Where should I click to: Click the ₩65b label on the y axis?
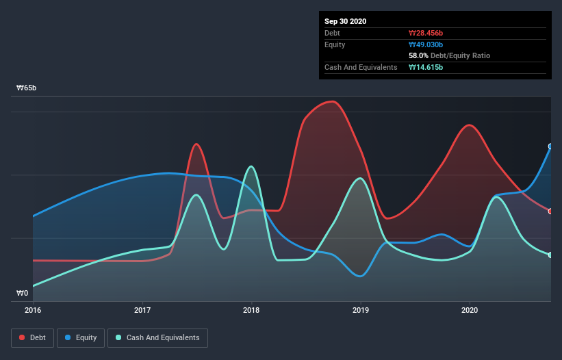pyautogui.click(x=27, y=88)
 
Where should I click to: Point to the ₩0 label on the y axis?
pyautogui.click(x=23, y=294)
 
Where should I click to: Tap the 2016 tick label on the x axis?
pyautogui.click(x=33, y=310)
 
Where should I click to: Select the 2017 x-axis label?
pyautogui.click(x=142, y=310)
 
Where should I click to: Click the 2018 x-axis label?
pyautogui.click(x=251, y=310)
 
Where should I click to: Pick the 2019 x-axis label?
pyautogui.click(x=361, y=310)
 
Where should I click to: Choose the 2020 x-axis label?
pyautogui.click(x=470, y=310)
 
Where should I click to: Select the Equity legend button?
pyautogui.click(x=81, y=337)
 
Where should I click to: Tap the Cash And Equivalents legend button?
pyautogui.click(x=157, y=337)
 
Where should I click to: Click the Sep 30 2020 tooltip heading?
pyautogui.click(x=346, y=21)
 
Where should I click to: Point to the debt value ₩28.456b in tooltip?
pyautogui.click(x=426, y=33)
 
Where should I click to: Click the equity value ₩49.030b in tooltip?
pyautogui.click(x=426, y=44)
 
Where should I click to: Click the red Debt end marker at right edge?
pyautogui.click(x=550, y=211)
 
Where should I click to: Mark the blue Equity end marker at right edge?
pyautogui.click(x=550, y=146)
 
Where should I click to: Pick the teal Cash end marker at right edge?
pyautogui.click(x=550, y=255)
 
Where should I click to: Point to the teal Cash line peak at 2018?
pyautogui.click(x=252, y=166)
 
